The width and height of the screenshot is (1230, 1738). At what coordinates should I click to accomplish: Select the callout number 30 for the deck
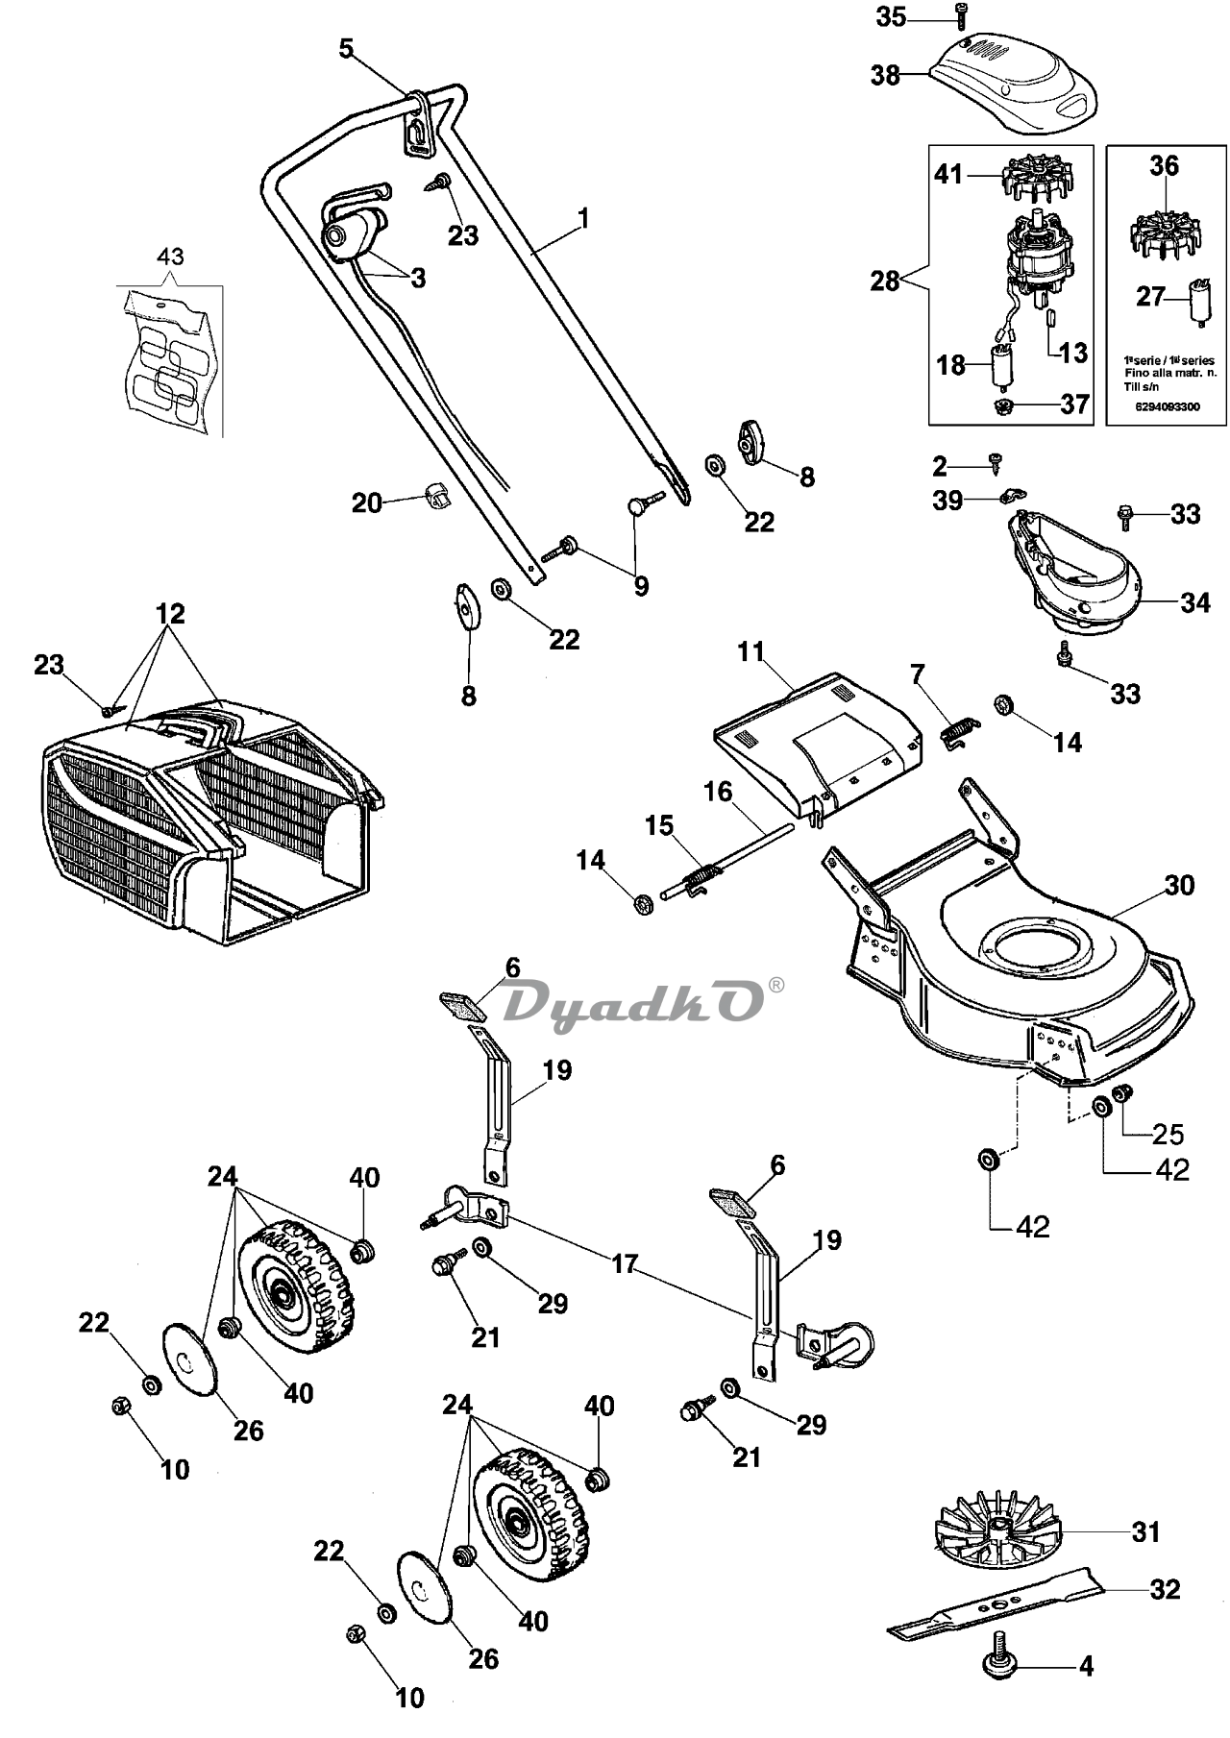[1179, 885]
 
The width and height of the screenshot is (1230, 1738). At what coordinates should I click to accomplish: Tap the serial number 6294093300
[1166, 406]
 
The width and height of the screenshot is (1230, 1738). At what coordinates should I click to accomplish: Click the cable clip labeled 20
[436, 496]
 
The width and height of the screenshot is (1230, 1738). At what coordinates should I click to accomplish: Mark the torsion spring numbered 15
[707, 875]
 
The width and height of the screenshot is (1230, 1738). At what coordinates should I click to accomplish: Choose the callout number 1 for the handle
[583, 218]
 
